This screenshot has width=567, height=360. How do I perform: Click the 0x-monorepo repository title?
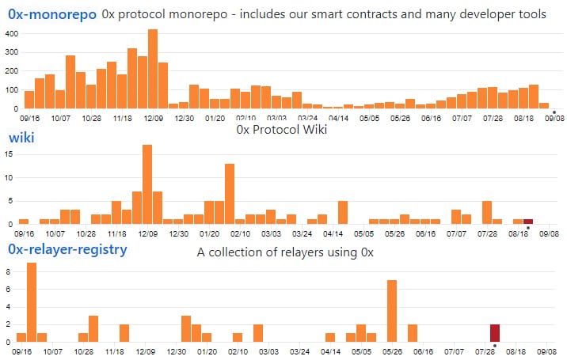[x=52, y=15]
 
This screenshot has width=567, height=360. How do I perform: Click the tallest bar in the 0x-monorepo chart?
[x=153, y=70]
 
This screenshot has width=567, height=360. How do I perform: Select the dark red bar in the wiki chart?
[x=528, y=222]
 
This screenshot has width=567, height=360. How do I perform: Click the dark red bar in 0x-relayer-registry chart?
[x=495, y=333]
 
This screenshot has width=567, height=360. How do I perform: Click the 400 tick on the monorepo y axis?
[x=11, y=33]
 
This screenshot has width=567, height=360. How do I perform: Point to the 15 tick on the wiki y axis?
[x=11, y=155]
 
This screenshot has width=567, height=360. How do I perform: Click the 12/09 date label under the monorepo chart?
[x=153, y=119]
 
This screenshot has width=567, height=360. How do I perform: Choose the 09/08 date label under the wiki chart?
[x=549, y=234]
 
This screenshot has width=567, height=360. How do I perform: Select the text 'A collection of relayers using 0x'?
[x=285, y=252]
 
